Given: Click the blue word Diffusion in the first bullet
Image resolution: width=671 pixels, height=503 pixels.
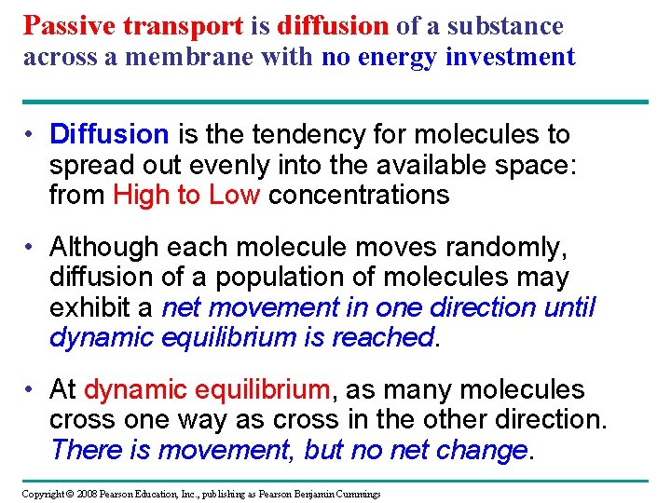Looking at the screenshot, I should point(109,135).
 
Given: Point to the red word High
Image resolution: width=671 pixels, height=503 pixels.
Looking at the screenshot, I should point(143,196).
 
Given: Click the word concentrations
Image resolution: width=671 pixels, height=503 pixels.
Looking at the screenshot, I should point(359,196).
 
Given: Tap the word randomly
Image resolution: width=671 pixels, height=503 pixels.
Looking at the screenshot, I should point(514,247).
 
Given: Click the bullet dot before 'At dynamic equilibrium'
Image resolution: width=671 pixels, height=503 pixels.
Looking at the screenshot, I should point(31,389).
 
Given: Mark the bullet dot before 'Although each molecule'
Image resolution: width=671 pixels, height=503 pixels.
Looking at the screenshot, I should point(31,247).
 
